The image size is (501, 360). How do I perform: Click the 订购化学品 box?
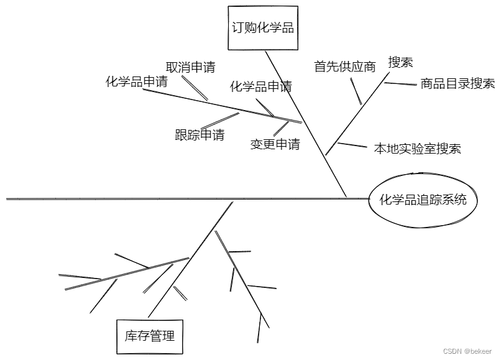click(262, 27)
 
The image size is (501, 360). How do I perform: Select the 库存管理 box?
click(150, 336)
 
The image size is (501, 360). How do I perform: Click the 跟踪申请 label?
click(200, 135)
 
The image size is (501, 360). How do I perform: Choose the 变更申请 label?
click(275, 144)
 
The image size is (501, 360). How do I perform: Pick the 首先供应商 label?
click(345, 67)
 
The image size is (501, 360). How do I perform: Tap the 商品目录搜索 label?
click(457, 84)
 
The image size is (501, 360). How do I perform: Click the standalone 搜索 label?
click(401, 62)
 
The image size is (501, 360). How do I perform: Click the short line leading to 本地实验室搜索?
click(351, 145)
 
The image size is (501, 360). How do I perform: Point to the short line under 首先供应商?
click(356, 92)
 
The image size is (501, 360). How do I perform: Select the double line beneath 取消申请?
click(199, 91)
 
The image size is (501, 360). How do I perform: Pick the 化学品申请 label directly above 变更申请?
click(260, 86)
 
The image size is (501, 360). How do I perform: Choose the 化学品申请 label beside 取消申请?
click(137, 81)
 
